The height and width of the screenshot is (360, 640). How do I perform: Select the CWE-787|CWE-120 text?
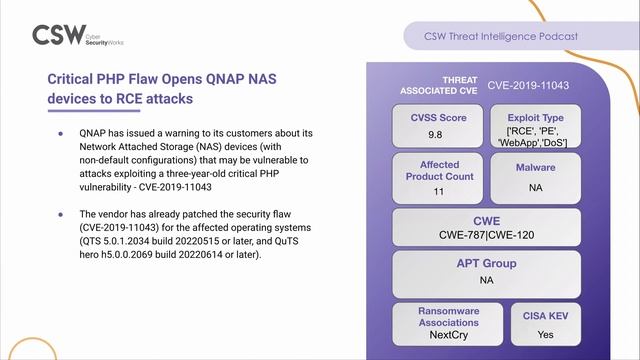coord(486,236)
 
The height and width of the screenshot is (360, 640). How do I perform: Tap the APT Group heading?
coord(486,264)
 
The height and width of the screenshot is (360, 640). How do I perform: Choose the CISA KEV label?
coord(545,316)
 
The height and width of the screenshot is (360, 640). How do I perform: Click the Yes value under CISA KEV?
coord(545,336)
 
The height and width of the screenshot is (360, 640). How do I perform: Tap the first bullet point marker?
coord(60,132)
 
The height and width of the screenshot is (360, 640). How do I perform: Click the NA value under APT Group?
coord(486,280)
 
